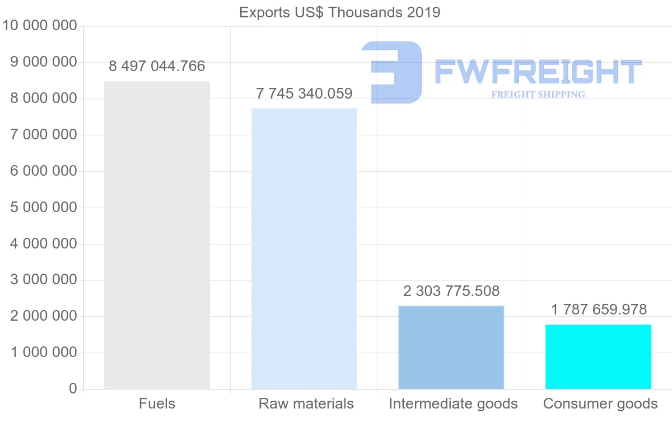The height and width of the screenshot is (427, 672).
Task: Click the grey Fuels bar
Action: tap(157, 235)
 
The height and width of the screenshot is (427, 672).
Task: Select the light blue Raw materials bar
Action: tap(304, 249)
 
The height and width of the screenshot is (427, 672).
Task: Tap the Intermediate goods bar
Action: tap(451, 348)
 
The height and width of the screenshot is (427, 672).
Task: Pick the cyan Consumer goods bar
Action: tap(598, 357)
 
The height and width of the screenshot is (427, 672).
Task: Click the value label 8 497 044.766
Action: tap(157, 66)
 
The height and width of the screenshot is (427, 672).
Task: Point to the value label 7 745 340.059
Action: tap(304, 93)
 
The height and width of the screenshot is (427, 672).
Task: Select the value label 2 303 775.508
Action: tap(451, 291)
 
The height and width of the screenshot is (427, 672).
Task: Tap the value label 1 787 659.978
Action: tap(599, 309)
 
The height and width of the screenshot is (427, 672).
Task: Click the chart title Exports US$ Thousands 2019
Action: tap(339, 13)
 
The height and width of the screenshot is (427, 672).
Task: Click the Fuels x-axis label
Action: tap(157, 403)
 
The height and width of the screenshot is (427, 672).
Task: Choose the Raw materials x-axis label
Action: tap(306, 403)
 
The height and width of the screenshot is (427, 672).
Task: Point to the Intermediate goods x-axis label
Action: tap(453, 404)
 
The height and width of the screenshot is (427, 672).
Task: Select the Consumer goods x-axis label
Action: tap(600, 404)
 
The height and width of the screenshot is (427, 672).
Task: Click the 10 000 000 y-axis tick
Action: tap(40, 26)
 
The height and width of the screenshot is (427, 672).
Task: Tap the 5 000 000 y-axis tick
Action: tap(44, 208)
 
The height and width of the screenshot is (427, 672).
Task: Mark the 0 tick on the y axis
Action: tap(73, 389)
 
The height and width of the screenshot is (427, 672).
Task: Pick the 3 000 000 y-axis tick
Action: tap(44, 280)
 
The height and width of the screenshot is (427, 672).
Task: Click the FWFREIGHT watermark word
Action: tap(538, 72)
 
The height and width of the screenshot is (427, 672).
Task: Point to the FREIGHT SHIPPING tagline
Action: tap(538, 95)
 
